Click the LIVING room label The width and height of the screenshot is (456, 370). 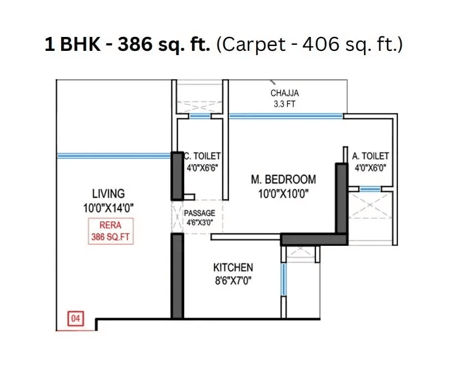click(x=108, y=194)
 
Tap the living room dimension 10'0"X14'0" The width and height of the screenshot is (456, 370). click(x=108, y=207)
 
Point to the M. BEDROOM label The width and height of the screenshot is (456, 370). click(x=283, y=179)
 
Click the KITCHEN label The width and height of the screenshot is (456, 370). click(x=233, y=267)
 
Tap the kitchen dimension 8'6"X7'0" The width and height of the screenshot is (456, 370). click(x=233, y=281)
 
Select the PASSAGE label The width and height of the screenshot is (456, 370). click(x=200, y=214)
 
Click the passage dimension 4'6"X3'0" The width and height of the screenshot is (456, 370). click(x=200, y=222)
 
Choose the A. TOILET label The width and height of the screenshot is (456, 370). click(x=371, y=156)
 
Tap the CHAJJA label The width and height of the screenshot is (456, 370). click(x=285, y=93)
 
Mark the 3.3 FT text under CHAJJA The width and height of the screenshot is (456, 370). click(x=285, y=104)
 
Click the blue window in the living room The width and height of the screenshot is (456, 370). click(x=113, y=156)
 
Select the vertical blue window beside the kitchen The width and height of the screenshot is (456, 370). click(x=283, y=279)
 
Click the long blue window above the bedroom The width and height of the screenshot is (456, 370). click(x=286, y=115)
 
